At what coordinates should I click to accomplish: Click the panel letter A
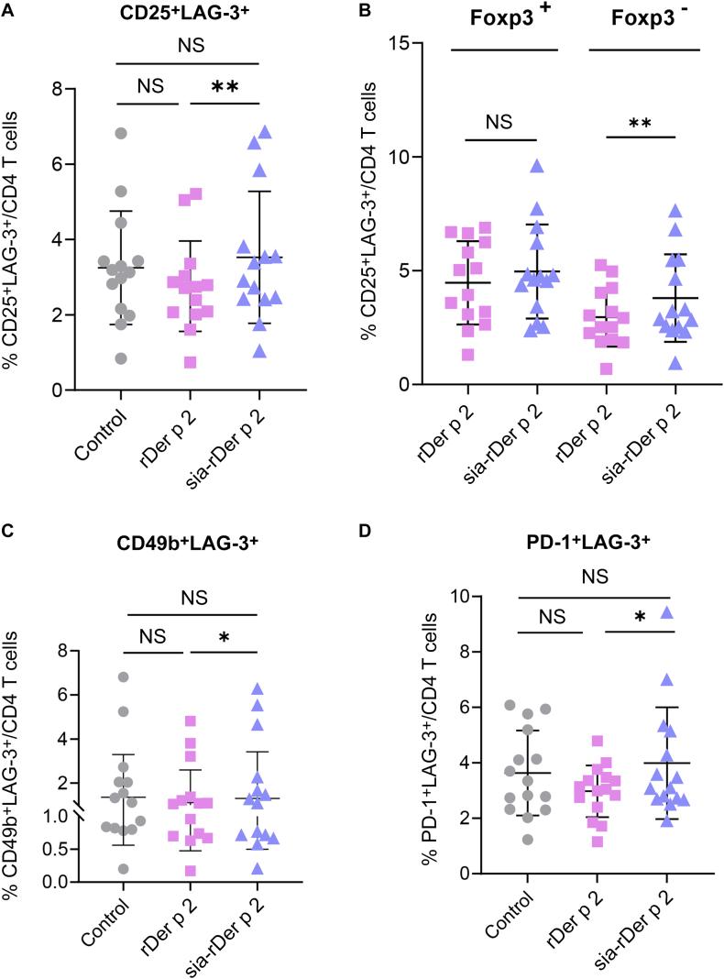(7, 10)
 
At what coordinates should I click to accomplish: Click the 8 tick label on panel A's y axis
(58, 90)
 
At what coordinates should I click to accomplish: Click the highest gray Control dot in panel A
(119, 133)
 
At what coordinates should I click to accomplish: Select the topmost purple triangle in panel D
(667, 638)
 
